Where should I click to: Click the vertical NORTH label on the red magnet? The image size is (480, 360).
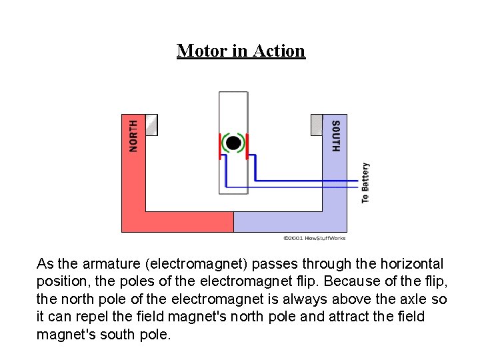[x=133, y=135]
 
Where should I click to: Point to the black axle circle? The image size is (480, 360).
[x=233, y=142]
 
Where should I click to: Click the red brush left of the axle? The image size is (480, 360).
[x=221, y=145]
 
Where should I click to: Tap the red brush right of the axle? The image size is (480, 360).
[x=247, y=145]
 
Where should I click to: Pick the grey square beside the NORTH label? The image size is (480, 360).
[x=151, y=125]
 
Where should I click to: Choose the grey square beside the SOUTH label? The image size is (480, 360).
[x=317, y=124]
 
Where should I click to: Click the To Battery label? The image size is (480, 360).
[x=365, y=183]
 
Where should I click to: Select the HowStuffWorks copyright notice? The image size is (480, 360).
[x=315, y=238]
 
